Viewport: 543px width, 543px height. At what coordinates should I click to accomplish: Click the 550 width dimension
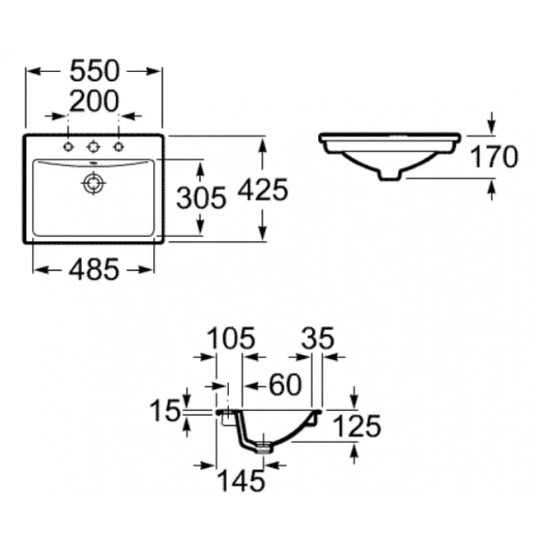click(x=95, y=72)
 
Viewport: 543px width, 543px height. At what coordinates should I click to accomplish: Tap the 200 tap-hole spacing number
click(x=95, y=101)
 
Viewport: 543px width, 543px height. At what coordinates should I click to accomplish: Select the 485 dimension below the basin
click(x=94, y=270)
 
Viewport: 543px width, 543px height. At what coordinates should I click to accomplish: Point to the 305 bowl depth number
click(x=201, y=198)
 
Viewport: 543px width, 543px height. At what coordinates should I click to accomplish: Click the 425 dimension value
click(x=263, y=189)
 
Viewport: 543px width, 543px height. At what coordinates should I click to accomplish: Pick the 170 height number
click(x=495, y=157)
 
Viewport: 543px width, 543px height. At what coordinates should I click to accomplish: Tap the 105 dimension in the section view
click(x=231, y=338)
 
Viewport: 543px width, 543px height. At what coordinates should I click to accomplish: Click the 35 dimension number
click(x=318, y=338)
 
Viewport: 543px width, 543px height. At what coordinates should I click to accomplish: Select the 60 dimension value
click(x=285, y=385)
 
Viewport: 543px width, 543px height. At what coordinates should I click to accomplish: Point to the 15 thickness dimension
click(x=165, y=411)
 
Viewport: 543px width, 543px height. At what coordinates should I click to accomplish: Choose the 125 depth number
click(x=358, y=426)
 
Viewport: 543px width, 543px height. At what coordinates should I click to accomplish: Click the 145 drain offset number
click(x=242, y=481)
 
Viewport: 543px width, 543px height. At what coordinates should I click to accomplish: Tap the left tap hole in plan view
click(x=68, y=147)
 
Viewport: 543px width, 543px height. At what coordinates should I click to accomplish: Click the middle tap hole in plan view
click(x=93, y=147)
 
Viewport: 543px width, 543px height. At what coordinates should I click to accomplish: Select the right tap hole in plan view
click(x=119, y=147)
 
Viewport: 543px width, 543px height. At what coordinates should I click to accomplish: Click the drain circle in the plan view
click(x=93, y=183)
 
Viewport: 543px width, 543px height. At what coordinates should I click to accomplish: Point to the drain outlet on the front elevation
click(x=391, y=175)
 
